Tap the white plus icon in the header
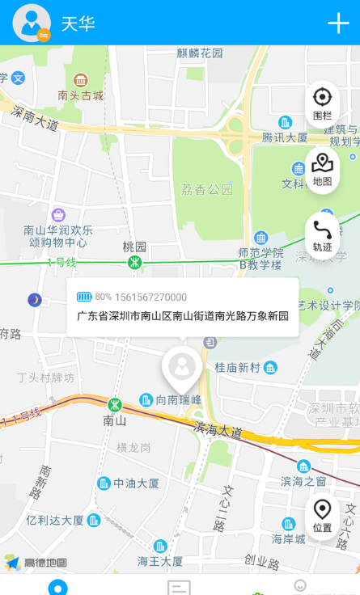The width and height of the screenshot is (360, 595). click(338, 23)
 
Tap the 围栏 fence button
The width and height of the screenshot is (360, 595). click(322, 103)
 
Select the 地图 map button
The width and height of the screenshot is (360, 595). click(322, 170)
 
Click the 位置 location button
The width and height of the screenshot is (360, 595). click(322, 516)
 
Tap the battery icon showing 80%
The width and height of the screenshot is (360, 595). click(84, 297)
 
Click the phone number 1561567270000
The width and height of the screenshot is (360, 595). click(150, 297)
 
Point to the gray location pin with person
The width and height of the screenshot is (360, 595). click(182, 368)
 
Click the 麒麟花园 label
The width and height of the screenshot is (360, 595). click(200, 53)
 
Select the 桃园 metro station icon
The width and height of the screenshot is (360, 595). click(135, 262)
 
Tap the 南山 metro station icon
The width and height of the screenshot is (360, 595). click(116, 405)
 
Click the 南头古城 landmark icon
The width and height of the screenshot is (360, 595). click(80, 80)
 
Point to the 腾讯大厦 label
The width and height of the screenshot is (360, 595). click(284, 137)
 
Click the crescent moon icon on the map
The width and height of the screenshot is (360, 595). click(34, 300)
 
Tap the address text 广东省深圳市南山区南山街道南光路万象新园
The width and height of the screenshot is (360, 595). click(183, 316)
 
